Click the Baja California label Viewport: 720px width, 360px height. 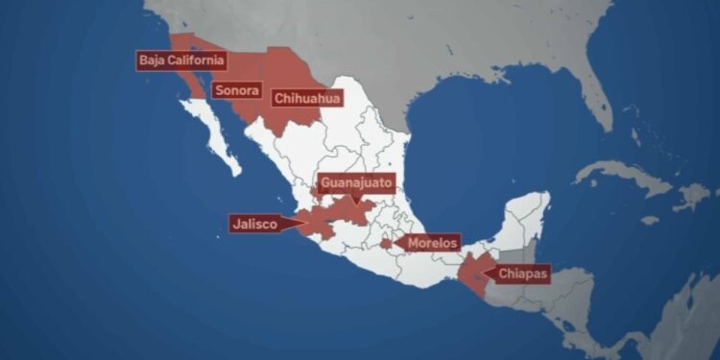[x=182, y=60]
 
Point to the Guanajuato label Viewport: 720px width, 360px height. [x=355, y=181]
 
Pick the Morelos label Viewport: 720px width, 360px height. [x=432, y=243]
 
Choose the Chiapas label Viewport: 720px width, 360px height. [x=523, y=275]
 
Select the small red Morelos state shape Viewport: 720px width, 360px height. [x=386, y=244]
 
